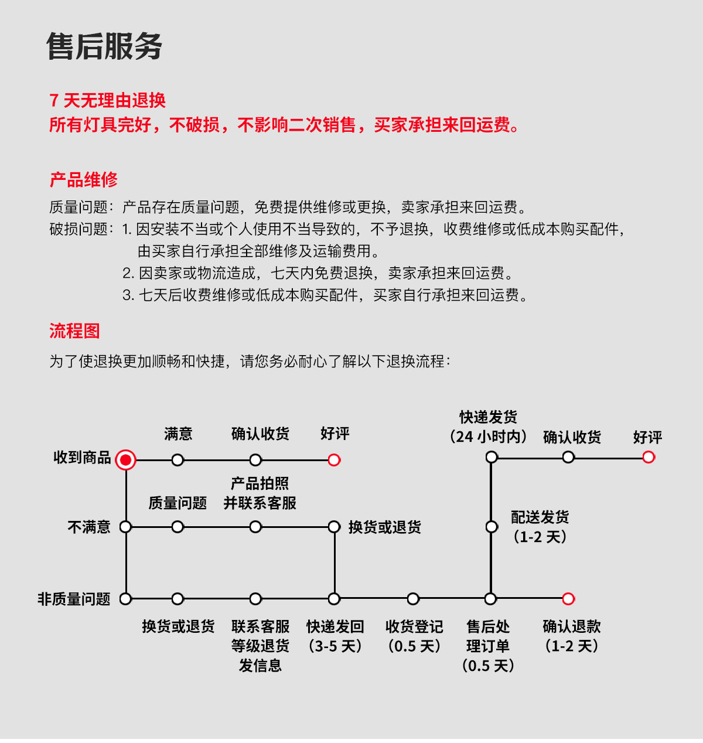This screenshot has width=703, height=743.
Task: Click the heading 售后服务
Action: click(x=104, y=47)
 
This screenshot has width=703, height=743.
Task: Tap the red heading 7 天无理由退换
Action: click(x=108, y=100)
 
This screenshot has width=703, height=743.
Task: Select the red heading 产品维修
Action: click(x=84, y=179)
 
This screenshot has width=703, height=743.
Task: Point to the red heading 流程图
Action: click(x=74, y=331)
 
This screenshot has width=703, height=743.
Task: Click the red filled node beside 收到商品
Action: click(x=125, y=460)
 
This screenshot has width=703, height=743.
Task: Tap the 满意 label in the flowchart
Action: click(x=178, y=434)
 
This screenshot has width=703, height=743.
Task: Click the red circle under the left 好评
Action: click(x=334, y=460)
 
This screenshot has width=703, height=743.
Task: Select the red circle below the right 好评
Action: click(x=649, y=457)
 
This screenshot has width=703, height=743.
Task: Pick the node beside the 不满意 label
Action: click(x=125, y=527)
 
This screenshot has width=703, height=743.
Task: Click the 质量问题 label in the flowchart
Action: click(x=178, y=503)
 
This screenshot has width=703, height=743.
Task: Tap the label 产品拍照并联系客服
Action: click(x=260, y=493)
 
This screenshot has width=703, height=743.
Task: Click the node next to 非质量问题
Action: click(x=125, y=599)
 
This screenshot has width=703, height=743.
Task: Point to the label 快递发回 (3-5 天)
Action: click(x=335, y=636)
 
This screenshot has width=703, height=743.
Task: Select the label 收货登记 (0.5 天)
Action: click(x=414, y=636)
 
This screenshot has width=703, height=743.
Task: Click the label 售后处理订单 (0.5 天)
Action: click(x=488, y=646)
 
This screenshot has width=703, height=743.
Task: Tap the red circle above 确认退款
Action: click(x=568, y=599)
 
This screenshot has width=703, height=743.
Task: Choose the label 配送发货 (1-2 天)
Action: click(x=540, y=527)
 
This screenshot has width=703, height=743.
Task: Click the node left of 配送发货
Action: click(x=492, y=527)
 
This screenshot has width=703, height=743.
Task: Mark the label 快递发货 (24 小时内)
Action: click(x=488, y=427)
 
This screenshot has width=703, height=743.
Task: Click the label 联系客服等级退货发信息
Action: click(x=260, y=646)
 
